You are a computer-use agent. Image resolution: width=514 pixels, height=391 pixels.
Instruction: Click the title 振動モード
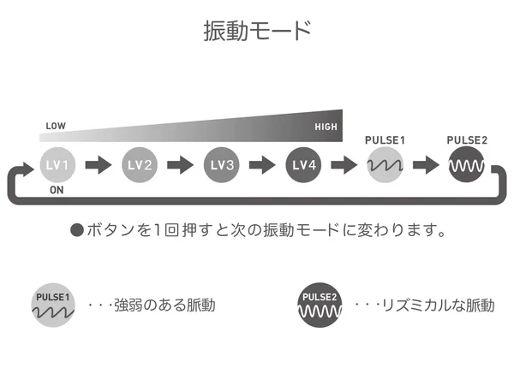point(257,31)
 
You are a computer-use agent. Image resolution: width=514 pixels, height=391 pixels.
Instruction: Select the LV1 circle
point(57,165)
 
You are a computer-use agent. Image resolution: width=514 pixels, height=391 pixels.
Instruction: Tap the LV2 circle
point(140,165)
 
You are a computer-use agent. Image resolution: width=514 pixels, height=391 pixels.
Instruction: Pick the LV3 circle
point(221,165)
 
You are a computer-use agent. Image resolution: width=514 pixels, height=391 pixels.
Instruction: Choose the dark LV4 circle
point(303,165)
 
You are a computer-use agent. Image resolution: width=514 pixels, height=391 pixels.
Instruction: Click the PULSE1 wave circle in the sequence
point(385,165)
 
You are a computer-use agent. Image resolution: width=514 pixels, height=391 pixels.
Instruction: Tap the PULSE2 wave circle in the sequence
point(467,165)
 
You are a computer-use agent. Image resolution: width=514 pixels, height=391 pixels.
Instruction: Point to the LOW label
point(56,126)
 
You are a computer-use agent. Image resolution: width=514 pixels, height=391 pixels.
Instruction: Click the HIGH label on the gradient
point(326,127)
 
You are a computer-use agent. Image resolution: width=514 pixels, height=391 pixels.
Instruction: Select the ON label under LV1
point(57,190)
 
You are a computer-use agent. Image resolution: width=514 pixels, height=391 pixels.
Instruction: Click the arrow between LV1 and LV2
point(99,165)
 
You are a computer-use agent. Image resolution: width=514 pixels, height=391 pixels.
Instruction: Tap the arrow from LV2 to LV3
point(180,165)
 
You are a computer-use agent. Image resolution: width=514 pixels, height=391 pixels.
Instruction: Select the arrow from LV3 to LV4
point(262,165)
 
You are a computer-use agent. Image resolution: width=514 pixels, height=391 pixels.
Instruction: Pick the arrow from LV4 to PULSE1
point(344,165)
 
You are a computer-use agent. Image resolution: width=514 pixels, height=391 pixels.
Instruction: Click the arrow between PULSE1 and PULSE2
point(426,165)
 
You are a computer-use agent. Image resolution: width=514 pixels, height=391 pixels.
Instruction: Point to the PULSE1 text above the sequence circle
point(385,140)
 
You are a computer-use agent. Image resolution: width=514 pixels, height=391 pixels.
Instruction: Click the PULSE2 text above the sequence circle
point(467,140)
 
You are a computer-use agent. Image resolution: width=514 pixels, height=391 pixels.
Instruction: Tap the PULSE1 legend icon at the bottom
point(53,305)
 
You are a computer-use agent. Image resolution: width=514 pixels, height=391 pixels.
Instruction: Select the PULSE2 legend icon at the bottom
point(320,305)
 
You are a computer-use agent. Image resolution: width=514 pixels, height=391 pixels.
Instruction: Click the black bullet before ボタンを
point(77,230)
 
